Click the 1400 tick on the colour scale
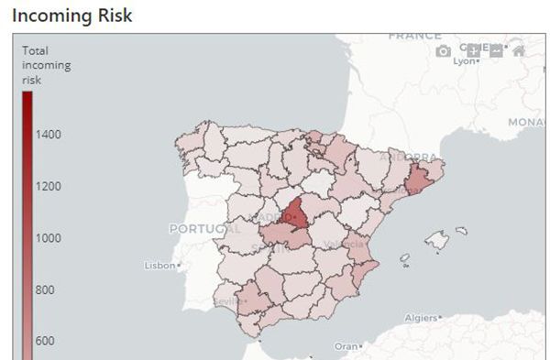point(49,135)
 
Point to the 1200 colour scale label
point(49,186)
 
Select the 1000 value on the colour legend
point(49,237)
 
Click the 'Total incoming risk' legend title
point(46,65)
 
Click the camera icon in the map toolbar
point(444,51)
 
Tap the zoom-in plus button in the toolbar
point(473,51)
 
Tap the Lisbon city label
point(159,266)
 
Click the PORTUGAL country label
point(204,228)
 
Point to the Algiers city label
point(421,318)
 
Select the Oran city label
point(346,346)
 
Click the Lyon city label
point(466,61)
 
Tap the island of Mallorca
point(437,240)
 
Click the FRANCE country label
point(414,37)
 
